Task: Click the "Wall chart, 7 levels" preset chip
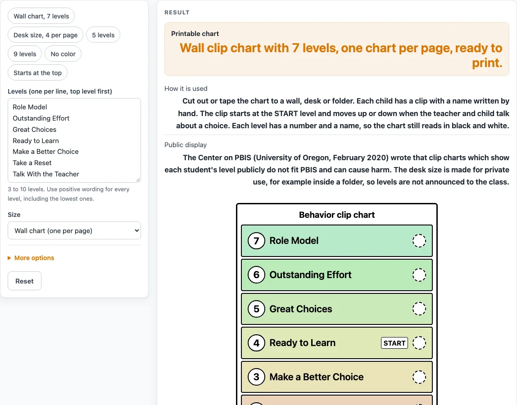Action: point(41,16)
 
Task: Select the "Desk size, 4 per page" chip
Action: point(45,35)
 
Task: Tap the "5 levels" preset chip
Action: point(103,35)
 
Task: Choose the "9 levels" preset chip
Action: point(25,54)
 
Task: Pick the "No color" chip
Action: point(63,54)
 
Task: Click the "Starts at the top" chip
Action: point(37,73)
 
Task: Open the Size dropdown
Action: point(74,231)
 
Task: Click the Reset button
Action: point(24,281)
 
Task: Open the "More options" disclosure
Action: point(31,258)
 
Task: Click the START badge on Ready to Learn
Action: point(395,343)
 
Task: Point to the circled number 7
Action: point(257,241)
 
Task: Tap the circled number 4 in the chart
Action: point(257,343)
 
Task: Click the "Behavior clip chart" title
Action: point(337,215)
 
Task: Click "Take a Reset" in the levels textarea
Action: point(32,163)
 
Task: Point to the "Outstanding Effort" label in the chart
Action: point(310,275)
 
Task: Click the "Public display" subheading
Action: point(186,145)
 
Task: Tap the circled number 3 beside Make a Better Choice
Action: point(257,377)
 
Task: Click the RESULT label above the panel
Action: point(177,13)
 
